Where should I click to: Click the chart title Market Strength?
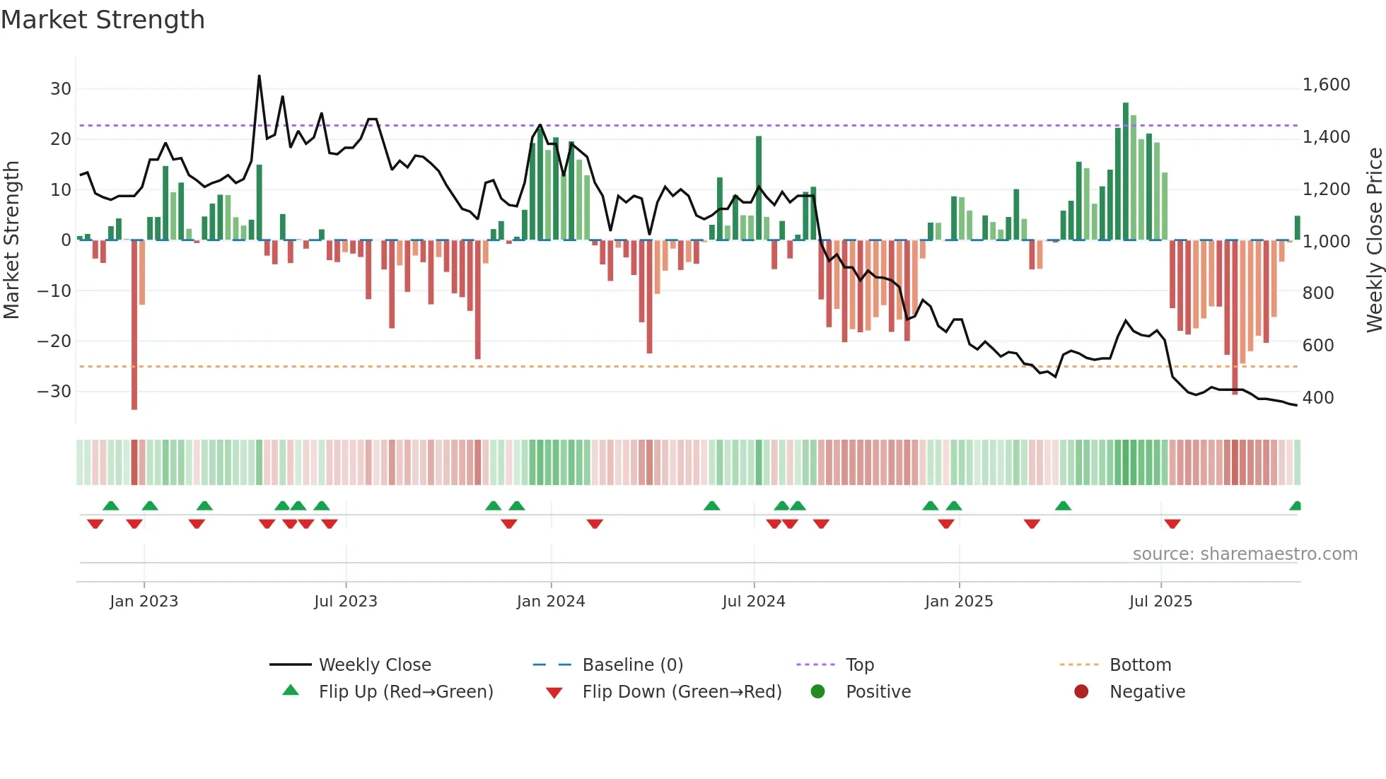103,20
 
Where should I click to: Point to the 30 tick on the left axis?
61,89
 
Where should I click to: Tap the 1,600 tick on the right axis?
1326,85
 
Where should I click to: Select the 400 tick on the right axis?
1318,397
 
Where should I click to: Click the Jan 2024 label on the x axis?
551,602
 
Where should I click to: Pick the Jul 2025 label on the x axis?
1160,602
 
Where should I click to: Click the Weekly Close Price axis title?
1374,240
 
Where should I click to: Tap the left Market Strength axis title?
11,240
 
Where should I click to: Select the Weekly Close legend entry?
375,665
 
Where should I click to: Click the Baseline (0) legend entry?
632,665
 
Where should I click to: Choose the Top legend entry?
860,665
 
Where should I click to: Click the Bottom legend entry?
1140,665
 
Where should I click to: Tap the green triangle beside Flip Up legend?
291,691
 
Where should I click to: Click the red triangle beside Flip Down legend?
554,693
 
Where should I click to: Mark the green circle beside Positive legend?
817,691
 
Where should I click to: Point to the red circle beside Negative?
1081,691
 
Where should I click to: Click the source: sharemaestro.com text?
1245,554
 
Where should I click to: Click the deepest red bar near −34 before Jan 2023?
134,325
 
